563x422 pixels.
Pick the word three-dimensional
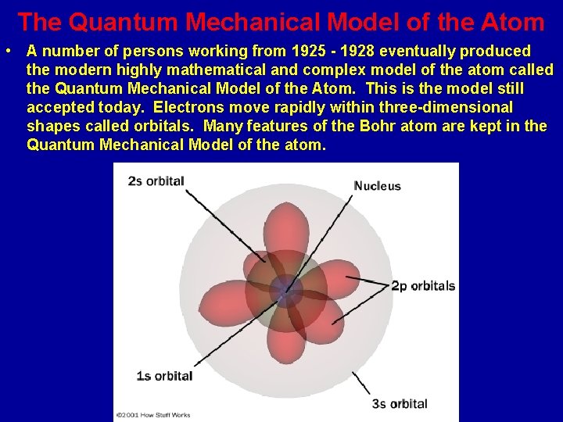point(442,107)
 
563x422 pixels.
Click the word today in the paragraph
point(127,107)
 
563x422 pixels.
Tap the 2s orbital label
point(156,181)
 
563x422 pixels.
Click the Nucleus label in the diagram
point(377,186)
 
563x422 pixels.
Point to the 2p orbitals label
point(422,285)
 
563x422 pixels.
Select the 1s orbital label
point(164,376)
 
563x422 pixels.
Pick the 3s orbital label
point(399,403)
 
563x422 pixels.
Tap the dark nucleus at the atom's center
point(286,292)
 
